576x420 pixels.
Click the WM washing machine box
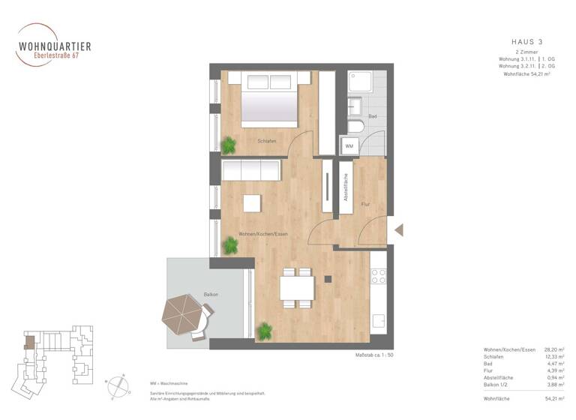(x=349, y=145)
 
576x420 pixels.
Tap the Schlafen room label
(x=268, y=140)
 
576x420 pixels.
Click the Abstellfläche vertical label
(x=345, y=187)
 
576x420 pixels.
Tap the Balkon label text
(x=211, y=295)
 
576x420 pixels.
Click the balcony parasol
(x=182, y=314)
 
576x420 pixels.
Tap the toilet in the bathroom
(x=355, y=124)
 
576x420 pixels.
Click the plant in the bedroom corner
(x=229, y=144)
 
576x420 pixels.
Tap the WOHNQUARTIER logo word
(x=55, y=46)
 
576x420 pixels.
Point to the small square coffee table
(x=251, y=204)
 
